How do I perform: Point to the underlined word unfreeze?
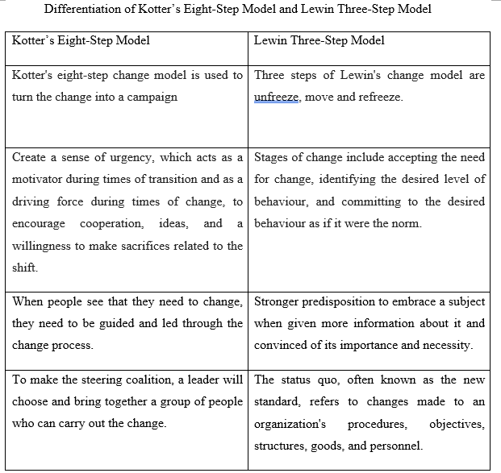(278, 97)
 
